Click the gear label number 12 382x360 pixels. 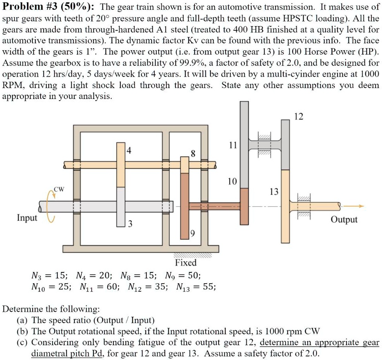coord(299,116)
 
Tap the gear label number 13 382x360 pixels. coord(274,192)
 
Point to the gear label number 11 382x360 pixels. coord(233,145)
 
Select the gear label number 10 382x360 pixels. coord(232,182)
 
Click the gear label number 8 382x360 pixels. coord(193,153)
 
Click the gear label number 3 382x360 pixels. coord(130,224)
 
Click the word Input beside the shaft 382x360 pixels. coord(27,218)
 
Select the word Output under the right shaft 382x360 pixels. coord(344,219)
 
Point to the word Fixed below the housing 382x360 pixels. coord(186,263)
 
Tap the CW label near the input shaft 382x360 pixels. coord(59,190)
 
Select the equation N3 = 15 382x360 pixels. coord(49,276)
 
